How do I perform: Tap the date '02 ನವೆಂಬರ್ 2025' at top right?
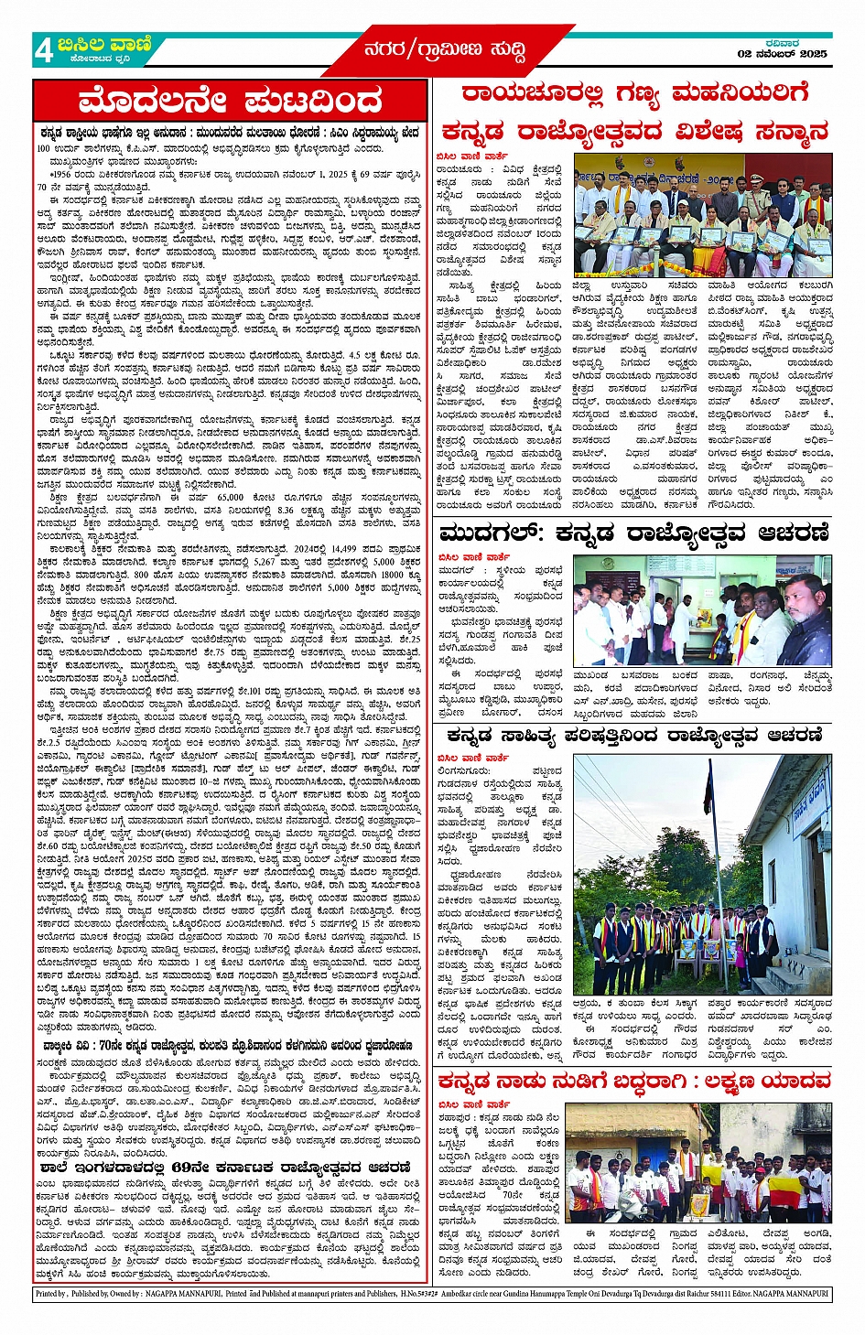782,54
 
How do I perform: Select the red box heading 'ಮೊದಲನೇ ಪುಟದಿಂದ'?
229,101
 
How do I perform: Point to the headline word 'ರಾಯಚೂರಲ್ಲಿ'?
532,95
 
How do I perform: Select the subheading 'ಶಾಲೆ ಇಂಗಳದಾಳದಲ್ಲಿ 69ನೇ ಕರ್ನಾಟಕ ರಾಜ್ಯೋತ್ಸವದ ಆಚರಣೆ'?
224,1168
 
